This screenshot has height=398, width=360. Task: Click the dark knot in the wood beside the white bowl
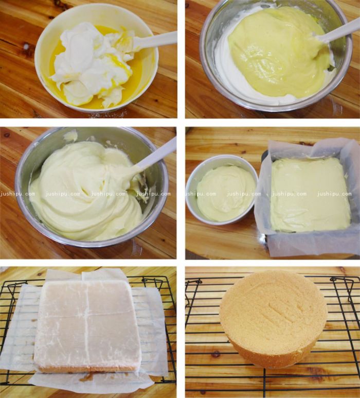click(x=25, y=47)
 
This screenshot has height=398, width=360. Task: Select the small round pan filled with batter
click(x=221, y=190)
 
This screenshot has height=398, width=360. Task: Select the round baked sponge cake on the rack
click(x=273, y=319)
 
